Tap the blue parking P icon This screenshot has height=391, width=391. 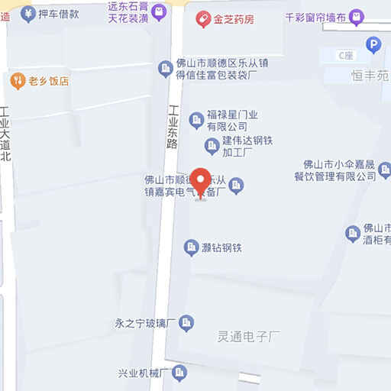[x=373, y=45]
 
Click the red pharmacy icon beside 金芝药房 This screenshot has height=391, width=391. [x=204, y=18]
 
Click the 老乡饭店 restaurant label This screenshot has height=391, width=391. [x=50, y=79]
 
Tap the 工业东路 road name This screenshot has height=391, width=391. [x=173, y=126]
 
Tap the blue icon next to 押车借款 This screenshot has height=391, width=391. [x=27, y=13]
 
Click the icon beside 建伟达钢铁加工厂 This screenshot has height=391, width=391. [x=212, y=145]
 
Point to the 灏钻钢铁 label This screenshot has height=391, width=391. [x=221, y=247]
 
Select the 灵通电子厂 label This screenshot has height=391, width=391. [x=250, y=334]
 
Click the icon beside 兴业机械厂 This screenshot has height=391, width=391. [x=179, y=373]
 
